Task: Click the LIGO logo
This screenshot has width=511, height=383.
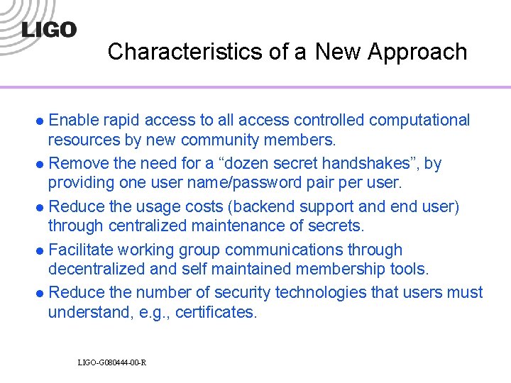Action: (49, 29)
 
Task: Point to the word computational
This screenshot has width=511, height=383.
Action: (417, 121)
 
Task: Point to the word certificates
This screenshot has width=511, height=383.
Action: (212, 311)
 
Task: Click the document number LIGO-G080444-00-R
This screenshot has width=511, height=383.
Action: (112, 363)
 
